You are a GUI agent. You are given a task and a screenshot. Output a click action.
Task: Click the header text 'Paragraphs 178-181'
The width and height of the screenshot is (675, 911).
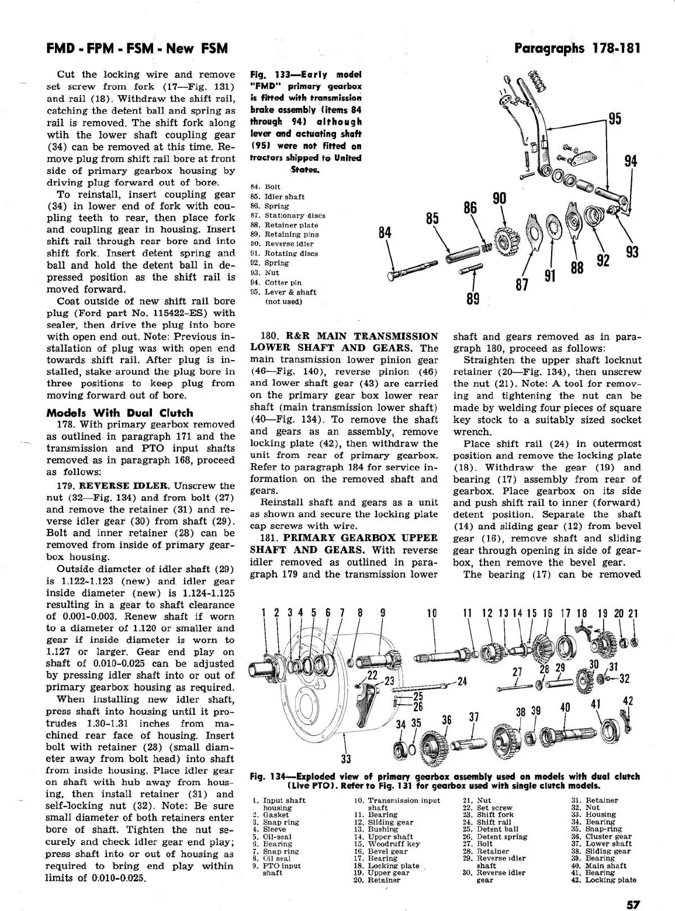577,48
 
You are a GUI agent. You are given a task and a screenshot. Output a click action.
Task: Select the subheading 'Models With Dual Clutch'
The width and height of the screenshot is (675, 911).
120,413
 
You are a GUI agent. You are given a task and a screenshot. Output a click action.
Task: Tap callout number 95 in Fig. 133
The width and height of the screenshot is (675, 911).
615,119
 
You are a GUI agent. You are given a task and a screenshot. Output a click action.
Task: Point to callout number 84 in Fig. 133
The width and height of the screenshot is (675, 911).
385,233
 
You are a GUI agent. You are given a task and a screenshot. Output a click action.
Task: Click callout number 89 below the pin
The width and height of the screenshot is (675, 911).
473,299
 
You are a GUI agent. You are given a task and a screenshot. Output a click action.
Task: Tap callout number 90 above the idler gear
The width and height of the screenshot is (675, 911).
499,198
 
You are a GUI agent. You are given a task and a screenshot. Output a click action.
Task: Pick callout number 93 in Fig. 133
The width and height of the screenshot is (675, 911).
632,252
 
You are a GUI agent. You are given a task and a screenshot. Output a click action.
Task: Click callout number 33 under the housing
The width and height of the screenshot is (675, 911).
346,760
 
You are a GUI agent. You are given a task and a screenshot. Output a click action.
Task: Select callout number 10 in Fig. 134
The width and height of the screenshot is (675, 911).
432,613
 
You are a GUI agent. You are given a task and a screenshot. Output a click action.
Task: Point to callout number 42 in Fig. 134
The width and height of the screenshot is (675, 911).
628,701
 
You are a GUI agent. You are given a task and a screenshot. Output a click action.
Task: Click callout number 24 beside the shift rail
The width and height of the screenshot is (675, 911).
462,681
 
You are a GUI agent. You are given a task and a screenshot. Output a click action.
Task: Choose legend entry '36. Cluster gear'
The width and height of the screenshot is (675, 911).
602,836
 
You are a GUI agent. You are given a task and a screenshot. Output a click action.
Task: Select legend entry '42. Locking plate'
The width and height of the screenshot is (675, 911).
604,879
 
